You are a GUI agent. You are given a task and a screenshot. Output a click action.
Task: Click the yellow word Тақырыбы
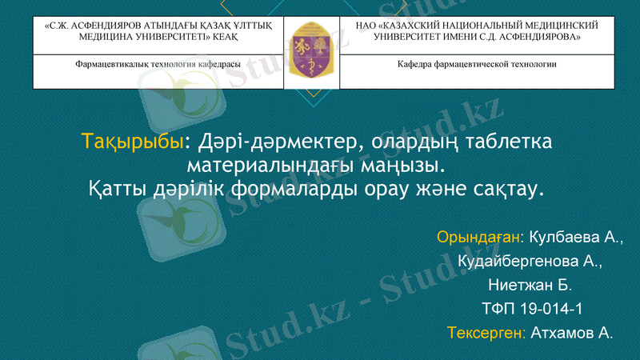pyautogui.click(x=133, y=143)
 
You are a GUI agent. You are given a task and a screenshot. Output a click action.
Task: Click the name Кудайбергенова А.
pyautogui.click(x=530, y=262)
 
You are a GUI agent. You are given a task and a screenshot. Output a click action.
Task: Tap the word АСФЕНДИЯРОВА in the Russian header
pyautogui.click(x=542, y=38)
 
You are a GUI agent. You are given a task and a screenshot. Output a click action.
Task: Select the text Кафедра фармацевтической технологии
pyautogui.click(x=477, y=64)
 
